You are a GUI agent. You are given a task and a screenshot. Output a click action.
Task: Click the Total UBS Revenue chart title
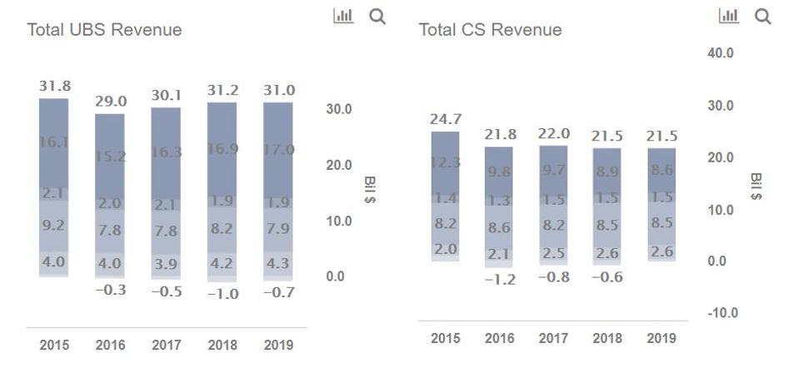(104, 30)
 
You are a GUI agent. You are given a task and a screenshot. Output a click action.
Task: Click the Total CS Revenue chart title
(490, 30)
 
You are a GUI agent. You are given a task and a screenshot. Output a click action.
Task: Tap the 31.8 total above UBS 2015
(55, 86)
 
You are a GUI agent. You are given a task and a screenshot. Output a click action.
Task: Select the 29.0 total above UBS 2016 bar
(111, 101)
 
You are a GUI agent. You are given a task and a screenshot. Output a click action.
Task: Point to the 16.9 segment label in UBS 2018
(222, 149)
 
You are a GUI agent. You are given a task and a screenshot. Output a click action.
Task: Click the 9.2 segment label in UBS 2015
(54, 224)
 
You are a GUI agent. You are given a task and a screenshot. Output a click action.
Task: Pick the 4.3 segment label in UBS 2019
(278, 261)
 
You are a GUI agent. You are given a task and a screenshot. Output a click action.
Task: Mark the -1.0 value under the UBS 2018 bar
(222, 294)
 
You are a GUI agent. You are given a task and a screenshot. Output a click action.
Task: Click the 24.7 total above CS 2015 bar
(446, 120)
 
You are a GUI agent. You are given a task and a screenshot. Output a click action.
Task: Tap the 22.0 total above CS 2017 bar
(554, 134)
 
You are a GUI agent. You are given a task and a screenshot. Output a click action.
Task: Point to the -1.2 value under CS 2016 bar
(500, 280)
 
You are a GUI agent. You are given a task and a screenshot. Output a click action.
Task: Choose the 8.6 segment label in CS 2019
(661, 170)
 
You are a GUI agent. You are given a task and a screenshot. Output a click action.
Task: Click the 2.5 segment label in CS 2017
(554, 253)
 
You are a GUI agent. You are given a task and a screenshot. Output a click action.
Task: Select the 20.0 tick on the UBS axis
(338, 165)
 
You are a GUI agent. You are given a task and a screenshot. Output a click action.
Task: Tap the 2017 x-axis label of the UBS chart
(167, 345)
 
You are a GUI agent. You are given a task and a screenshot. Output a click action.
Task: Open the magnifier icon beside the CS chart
(762, 16)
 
